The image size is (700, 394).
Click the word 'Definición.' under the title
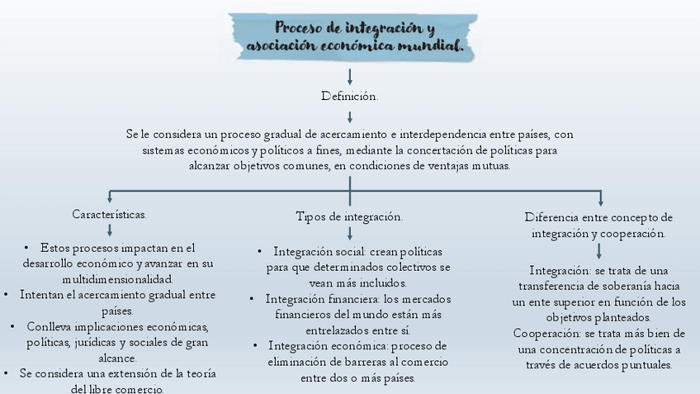349,97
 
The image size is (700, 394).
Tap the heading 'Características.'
109,214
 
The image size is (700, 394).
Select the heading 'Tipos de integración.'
349,216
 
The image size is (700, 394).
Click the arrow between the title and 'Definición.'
350,77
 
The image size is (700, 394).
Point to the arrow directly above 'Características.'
109,197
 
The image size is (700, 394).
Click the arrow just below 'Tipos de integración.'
350,234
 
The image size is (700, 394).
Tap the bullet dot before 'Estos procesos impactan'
28,248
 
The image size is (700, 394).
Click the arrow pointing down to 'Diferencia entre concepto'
600,197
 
